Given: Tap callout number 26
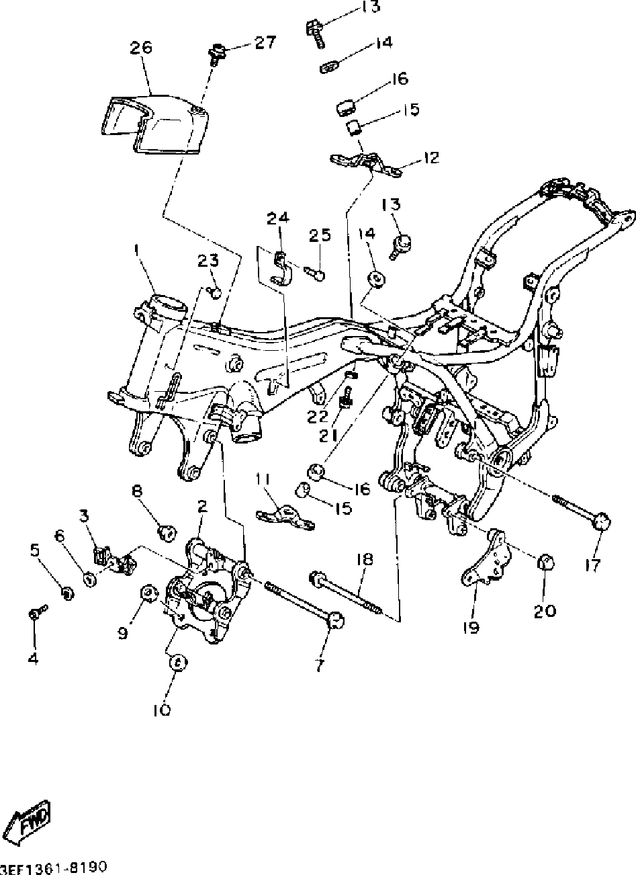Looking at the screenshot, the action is pos(141,48).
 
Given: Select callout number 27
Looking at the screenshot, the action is pos(265,42).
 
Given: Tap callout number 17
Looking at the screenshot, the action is pos(592,565).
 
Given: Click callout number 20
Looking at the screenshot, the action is pos(545,610).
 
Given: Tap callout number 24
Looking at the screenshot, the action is pos(278,218).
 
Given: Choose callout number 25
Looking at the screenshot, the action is pos(320,235).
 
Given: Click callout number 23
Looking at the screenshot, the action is pos(208,261).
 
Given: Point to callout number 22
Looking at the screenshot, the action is pos(318,417).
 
